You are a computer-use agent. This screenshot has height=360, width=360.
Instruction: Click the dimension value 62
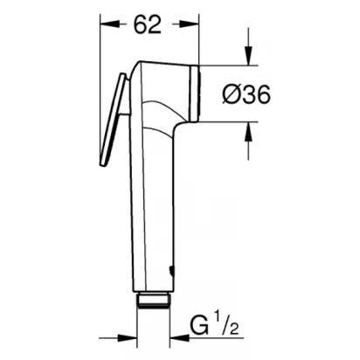(x=147, y=24)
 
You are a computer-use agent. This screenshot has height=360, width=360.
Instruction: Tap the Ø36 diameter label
(x=246, y=94)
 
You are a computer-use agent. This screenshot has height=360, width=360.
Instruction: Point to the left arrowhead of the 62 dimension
(x=109, y=24)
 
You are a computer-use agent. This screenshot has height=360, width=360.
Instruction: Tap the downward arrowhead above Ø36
(x=248, y=55)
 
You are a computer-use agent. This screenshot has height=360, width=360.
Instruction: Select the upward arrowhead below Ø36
(x=248, y=132)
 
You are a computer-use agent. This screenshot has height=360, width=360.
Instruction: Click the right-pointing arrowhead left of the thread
(x=127, y=338)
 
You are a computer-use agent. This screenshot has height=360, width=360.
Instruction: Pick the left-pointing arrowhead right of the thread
(x=179, y=338)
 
